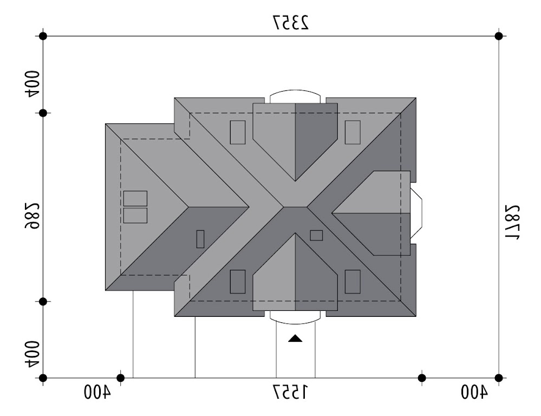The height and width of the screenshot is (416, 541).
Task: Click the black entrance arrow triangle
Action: [295, 339]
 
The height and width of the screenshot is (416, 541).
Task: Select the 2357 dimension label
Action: [291, 23]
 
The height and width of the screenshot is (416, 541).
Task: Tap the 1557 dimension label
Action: [290, 392]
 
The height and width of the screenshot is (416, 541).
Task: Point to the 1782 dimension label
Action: [512, 222]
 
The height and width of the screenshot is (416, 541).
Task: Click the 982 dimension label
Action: [31, 216]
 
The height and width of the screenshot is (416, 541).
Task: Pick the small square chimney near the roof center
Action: [316, 236]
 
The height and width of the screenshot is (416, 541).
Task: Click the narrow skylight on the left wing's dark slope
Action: [200, 239]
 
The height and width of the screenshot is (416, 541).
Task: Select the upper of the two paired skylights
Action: [135, 198]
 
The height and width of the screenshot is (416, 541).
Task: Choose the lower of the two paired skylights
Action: [135, 216]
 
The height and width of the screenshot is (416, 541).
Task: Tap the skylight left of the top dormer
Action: [238, 132]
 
